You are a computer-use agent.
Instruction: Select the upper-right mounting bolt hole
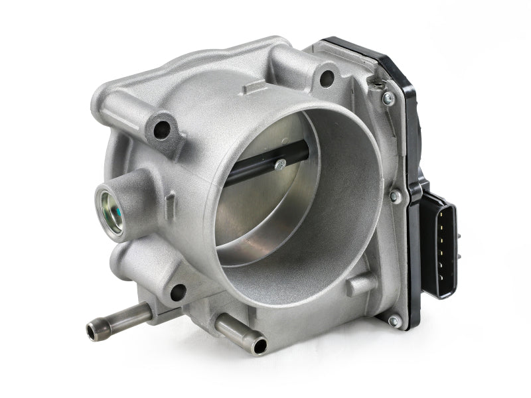click(327, 78)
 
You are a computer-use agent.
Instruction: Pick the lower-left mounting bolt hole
click(177, 292)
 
